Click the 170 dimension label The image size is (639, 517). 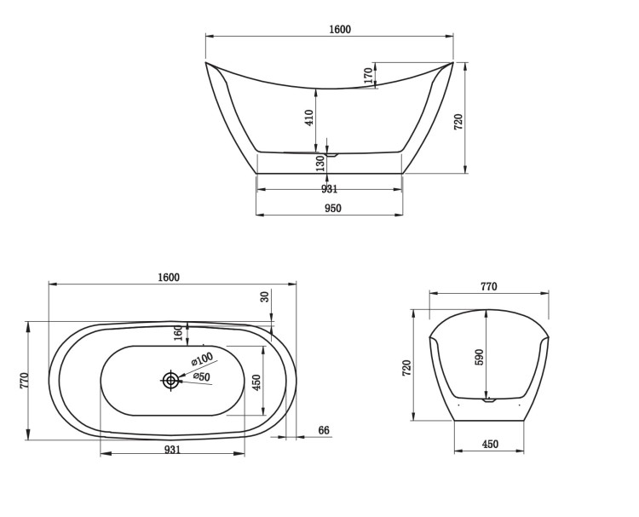tap(368, 76)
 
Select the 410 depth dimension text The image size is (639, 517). tap(309, 118)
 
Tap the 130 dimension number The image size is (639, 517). tap(320, 163)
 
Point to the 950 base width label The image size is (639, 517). tap(333, 208)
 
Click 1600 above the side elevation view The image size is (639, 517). tap(340, 29)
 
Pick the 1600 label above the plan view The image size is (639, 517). tap(169, 278)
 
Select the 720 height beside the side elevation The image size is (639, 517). tap(458, 122)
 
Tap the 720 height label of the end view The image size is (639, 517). tap(406, 368)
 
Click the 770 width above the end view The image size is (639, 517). tap(489, 287)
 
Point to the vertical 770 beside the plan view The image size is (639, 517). tap(25, 380)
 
